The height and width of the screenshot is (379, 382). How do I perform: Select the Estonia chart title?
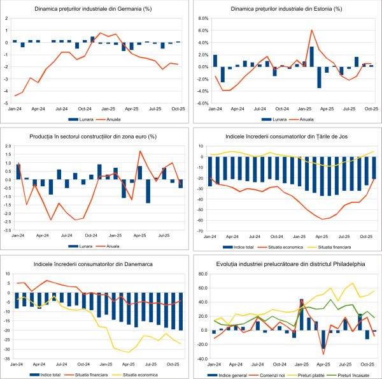pos(285,9)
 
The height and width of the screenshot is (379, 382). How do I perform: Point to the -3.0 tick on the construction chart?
pos(6,230)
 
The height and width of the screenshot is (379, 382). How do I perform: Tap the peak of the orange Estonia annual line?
pos(311,30)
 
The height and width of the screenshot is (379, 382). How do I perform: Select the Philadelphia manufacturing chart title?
pos(285,264)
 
